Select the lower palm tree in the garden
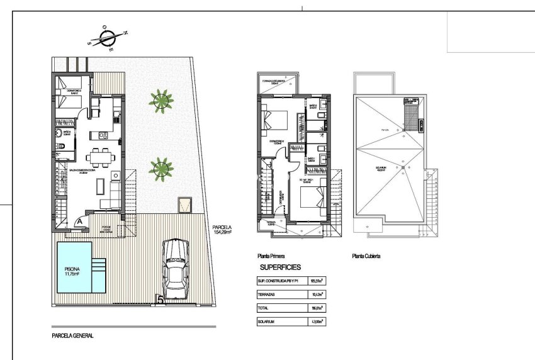[161, 167]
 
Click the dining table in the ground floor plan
[100, 156]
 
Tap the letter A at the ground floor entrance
[78, 221]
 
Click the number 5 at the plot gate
[162, 301]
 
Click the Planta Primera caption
[271, 256]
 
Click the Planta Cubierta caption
[366, 256]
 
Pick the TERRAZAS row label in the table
[267, 294]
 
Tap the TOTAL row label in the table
[263, 308]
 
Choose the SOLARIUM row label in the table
[267, 322]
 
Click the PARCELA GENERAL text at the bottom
[72, 336]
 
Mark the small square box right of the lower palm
[185, 204]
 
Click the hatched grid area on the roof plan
[412, 118]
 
